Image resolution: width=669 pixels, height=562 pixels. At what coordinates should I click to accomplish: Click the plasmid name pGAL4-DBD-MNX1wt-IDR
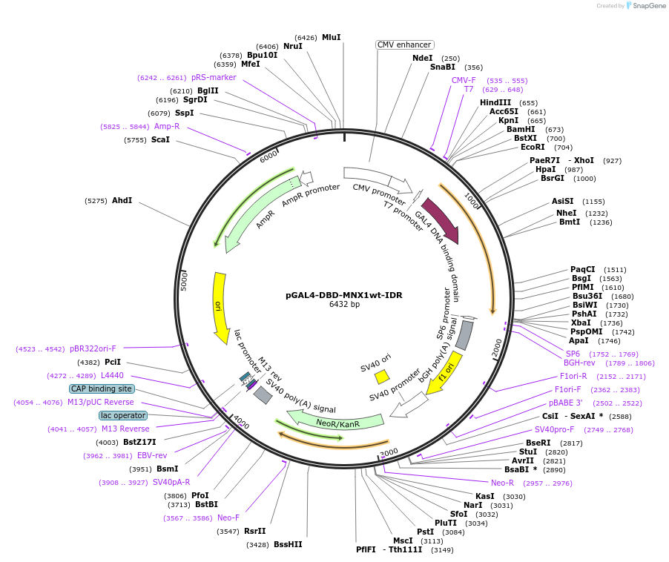pyautogui.click(x=344, y=294)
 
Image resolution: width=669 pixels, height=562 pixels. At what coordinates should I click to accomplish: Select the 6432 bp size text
pyautogui.click(x=344, y=304)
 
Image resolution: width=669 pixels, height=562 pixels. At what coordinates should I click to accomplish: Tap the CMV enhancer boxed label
pyautogui.click(x=404, y=44)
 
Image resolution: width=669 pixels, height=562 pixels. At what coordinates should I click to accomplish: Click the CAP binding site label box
pyautogui.click(x=102, y=389)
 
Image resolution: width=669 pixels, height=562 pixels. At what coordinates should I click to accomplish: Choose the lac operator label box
pyautogui.click(x=123, y=415)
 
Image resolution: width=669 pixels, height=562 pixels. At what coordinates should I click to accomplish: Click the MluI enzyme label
pyautogui.click(x=332, y=37)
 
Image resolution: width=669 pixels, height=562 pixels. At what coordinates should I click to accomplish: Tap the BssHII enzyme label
pyautogui.click(x=288, y=544)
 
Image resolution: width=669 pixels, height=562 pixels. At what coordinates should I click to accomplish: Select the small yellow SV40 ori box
pyautogui.click(x=382, y=377)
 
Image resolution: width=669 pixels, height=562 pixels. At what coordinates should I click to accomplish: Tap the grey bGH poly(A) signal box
pyautogui.click(x=464, y=335)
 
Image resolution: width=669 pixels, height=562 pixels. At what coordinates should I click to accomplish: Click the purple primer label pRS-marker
pyautogui.click(x=214, y=77)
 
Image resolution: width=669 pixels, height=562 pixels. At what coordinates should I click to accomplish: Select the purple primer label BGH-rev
pyautogui.click(x=579, y=363)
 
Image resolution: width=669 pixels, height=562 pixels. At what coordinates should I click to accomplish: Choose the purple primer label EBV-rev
pyautogui.click(x=152, y=455)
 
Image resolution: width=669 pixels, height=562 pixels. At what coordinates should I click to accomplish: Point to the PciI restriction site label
pyautogui.click(x=113, y=362)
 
